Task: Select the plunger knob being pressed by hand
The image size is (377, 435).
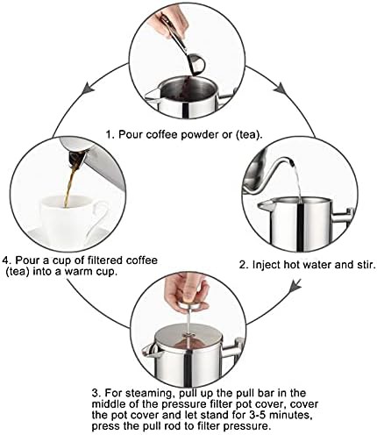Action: (x=192, y=306)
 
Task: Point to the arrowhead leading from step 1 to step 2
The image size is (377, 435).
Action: (x=281, y=88)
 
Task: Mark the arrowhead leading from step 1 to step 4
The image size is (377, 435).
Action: (x=89, y=88)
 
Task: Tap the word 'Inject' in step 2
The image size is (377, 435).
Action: (x=266, y=265)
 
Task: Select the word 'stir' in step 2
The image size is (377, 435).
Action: (x=366, y=265)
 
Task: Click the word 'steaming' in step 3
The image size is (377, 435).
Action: (x=149, y=393)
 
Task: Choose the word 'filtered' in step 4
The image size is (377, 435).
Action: (x=100, y=260)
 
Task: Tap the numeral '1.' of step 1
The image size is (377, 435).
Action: (x=110, y=135)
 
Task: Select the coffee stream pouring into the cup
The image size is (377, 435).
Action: (x=70, y=185)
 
